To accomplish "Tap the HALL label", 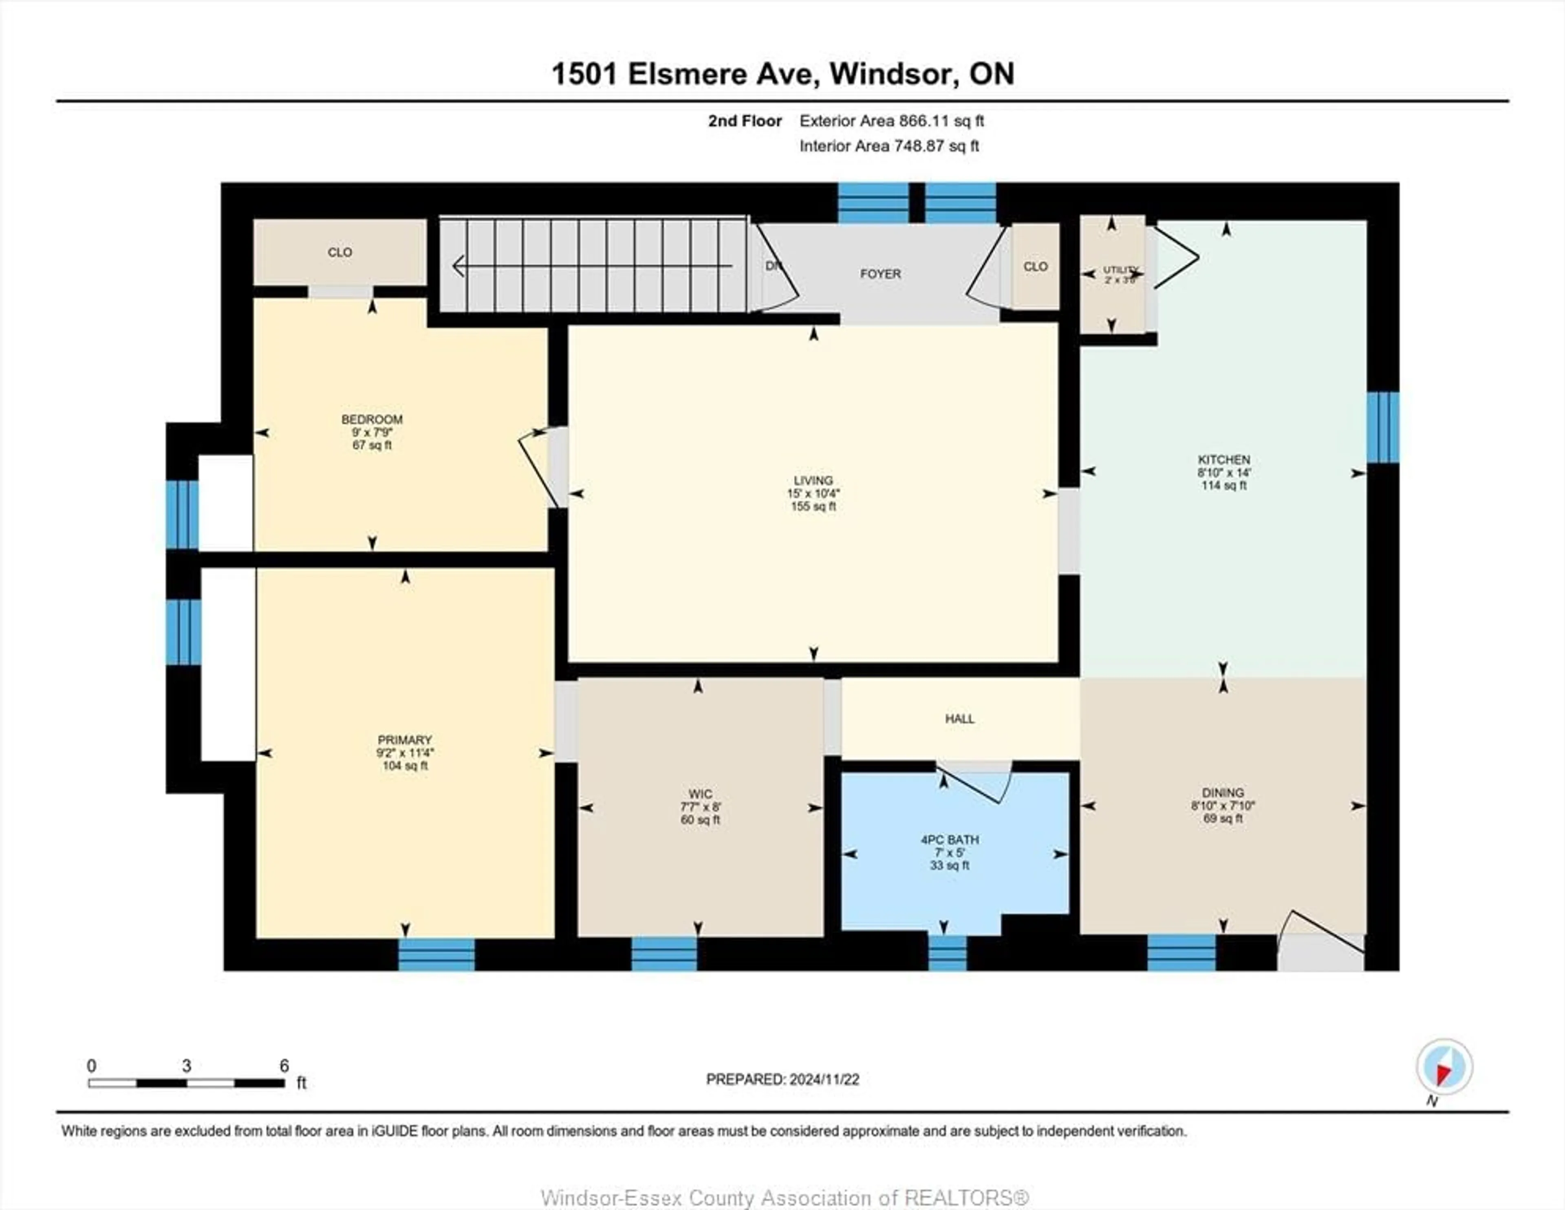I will click(x=959, y=719).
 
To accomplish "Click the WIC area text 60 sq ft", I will click(x=700, y=820).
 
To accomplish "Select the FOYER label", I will click(x=880, y=274).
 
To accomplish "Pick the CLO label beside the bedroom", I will click(x=339, y=252).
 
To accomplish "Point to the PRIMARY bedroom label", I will click(x=405, y=739).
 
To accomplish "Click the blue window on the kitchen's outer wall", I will click(x=1383, y=428).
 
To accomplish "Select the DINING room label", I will click(x=1223, y=792).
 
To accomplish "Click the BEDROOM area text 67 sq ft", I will click(x=372, y=445).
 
